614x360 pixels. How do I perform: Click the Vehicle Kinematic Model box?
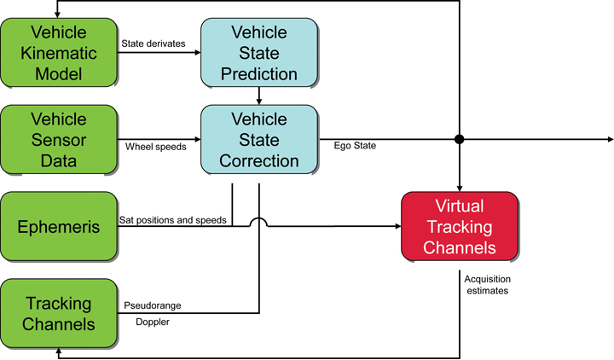pyautogui.click(x=58, y=53)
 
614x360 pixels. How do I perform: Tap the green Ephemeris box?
pyautogui.click(x=58, y=227)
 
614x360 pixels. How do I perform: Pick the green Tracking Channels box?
pyautogui.click(x=58, y=313)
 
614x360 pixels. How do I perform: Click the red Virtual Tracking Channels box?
pyautogui.click(x=459, y=227)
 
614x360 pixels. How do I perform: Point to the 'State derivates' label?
pyautogui.click(x=153, y=43)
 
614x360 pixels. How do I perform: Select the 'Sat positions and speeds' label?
pyautogui.click(x=172, y=220)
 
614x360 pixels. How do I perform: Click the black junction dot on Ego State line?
pyautogui.click(x=459, y=138)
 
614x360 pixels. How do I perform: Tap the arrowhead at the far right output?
pyautogui.click(x=608, y=138)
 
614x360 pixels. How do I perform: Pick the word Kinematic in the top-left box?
pyautogui.click(x=58, y=53)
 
